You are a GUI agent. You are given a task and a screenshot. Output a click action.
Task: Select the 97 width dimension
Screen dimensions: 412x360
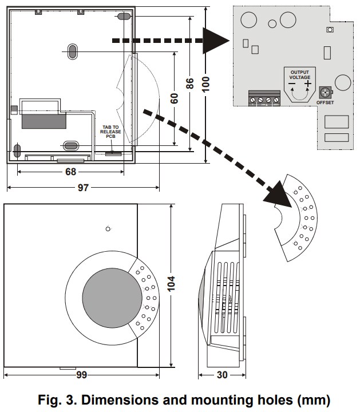pos(84,188)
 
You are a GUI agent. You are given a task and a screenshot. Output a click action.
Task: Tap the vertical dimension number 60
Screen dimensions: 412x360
pos(174,97)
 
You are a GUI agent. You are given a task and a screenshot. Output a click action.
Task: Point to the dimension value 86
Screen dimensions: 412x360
pos(191,84)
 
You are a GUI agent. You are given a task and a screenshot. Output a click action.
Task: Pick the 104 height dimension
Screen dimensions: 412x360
pos(171,284)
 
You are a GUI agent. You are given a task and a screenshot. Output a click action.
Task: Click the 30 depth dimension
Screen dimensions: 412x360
pos(223,375)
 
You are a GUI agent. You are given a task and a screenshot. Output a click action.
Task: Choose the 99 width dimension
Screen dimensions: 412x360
pos(81,375)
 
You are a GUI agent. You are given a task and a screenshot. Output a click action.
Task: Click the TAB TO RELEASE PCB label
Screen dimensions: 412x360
pos(111,132)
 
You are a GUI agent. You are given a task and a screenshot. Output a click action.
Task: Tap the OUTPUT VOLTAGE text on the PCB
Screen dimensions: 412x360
pos(300,74)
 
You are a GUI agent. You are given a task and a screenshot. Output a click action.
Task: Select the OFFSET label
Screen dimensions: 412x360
pos(325,103)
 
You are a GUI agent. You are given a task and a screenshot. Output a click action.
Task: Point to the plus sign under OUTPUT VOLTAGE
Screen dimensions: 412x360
pos(308,84)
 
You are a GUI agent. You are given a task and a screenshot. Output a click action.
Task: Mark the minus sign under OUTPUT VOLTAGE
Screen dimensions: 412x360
pos(292,84)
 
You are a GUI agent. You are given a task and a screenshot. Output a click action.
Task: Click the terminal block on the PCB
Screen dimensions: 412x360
pos(263,98)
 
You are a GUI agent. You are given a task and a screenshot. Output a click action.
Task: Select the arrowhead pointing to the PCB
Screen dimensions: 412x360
pos(216,41)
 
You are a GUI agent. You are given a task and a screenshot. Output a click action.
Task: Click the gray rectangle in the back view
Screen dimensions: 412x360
pos(43,120)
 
